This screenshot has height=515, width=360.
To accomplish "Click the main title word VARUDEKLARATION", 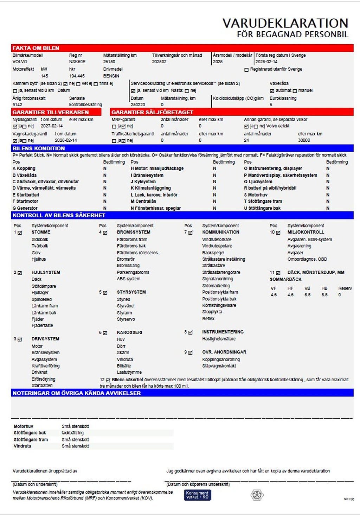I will pyautogui.click(x=285, y=23).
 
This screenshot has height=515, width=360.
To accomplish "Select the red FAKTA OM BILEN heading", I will pyautogui.click(x=36, y=48).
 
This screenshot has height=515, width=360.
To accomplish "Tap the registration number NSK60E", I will pyautogui.click(x=77, y=62).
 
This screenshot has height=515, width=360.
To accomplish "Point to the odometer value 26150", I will pyautogui.click(x=109, y=62).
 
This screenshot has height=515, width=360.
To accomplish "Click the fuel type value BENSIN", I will pyautogui.click(x=111, y=76).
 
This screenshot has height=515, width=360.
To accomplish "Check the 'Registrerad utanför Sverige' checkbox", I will pyautogui.click(x=246, y=70).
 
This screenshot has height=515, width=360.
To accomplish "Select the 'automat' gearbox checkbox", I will pyautogui.click(x=272, y=91).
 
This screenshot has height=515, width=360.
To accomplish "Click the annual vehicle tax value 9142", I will pyautogui.click(x=17, y=104).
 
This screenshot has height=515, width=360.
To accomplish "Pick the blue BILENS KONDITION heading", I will pyautogui.click(x=39, y=148).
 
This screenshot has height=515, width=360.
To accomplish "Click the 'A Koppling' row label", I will pyautogui.click(x=24, y=169).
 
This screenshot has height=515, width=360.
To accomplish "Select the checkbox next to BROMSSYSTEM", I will pyautogui.click(x=105, y=233).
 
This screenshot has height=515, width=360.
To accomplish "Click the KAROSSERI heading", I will pyautogui.click(x=130, y=332).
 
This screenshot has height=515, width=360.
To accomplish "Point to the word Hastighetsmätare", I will pyautogui.click(x=219, y=339).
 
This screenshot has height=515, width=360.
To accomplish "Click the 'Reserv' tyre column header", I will pyautogui.click(x=345, y=288).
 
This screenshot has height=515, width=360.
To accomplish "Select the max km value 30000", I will pyautogui.click(x=304, y=140).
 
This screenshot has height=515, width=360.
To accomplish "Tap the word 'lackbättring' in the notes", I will pyautogui.click(x=73, y=433).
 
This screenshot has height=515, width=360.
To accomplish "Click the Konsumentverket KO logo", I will pyautogui.click(x=198, y=495).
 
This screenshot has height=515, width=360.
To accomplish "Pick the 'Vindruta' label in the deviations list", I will pyautogui.click(x=22, y=446).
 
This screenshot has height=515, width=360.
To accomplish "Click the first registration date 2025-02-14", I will pyautogui.click(x=266, y=62).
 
